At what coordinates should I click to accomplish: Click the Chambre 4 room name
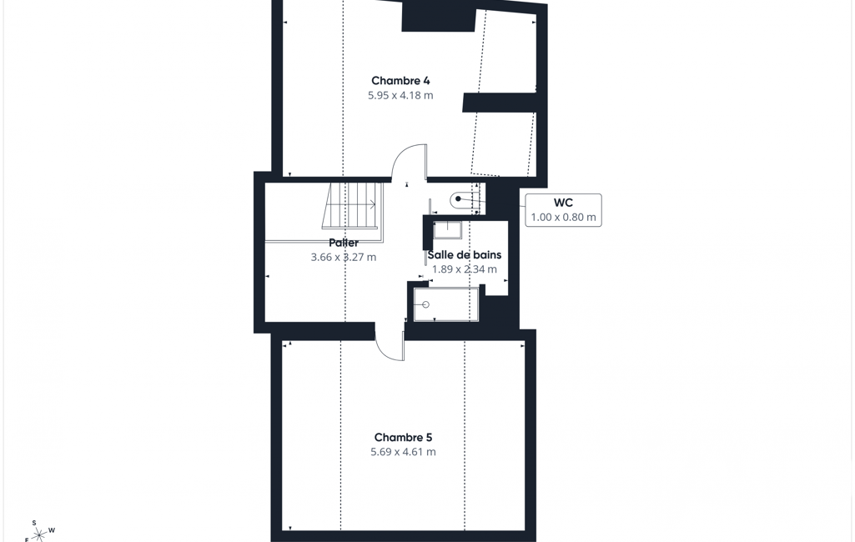(x=400, y=81)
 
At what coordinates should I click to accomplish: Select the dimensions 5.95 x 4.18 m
(x=400, y=95)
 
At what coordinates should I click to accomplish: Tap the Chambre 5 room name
(x=403, y=437)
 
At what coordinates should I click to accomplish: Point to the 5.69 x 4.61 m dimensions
(x=403, y=451)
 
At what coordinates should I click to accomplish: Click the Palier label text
(x=344, y=243)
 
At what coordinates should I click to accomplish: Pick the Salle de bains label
(x=464, y=254)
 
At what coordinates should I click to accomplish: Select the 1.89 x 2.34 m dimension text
(x=464, y=269)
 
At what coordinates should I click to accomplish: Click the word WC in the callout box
(x=563, y=203)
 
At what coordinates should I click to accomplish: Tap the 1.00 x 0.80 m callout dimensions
(x=563, y=217)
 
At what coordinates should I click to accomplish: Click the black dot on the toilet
(x=459, y=199)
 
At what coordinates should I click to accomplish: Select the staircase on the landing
(x=352, y=206)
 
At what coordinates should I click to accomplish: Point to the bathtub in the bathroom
(x=446, y=304)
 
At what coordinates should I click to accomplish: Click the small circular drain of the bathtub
(x=426, y=305)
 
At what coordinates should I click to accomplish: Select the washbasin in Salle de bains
(x=447, y=230)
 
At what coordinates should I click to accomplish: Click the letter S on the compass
(x=34, y=523)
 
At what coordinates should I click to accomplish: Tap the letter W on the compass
(x=52, y=530)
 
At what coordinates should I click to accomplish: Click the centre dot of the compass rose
(x=38, y=534)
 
